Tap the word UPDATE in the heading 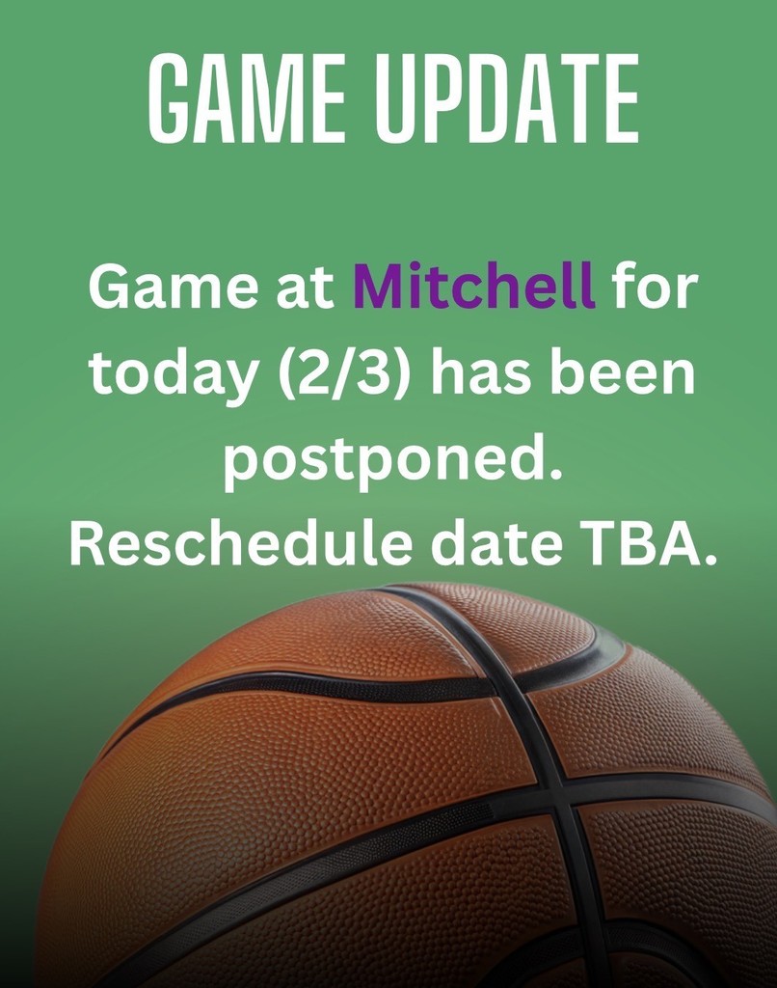506,100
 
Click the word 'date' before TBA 496,546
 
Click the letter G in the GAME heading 170,100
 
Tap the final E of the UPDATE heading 621,100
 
